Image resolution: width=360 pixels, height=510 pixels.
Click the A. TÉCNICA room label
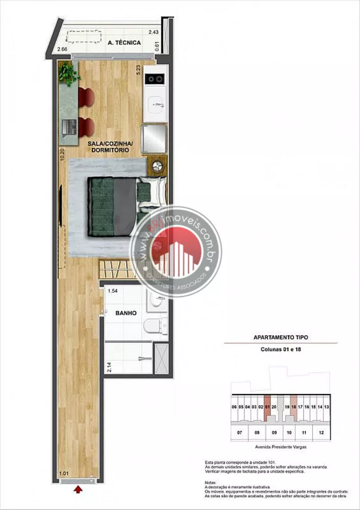coord(124,43)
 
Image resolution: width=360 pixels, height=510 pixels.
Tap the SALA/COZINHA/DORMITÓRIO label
coord(107,147)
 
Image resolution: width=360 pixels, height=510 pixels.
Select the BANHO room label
coord(125,313)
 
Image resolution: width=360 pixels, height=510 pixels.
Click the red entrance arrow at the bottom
coord(78,490)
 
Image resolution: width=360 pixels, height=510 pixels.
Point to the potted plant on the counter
coord(68,73)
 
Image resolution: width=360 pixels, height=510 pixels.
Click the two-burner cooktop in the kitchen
coord(155,79)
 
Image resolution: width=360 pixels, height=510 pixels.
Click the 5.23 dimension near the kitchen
coord(138,70)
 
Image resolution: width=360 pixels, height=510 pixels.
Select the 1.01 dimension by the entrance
coord(64,473)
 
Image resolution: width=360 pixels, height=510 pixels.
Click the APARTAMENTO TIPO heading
coord(280,337)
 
